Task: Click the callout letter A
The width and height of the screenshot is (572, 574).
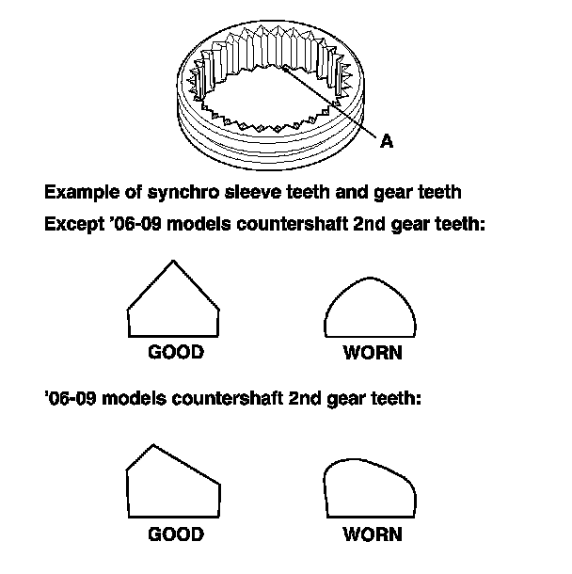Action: click(386, 142)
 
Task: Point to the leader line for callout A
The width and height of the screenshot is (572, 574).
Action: click(329, 104)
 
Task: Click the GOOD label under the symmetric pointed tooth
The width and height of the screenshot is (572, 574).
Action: click(176, 353)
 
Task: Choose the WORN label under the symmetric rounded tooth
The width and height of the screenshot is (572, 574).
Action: click(373, 354)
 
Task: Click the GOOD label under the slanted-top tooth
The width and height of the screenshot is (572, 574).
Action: click(176, 534)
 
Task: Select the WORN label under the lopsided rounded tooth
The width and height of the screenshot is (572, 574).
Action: click(373, 534)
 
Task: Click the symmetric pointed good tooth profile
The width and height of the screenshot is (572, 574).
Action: click(174, 306)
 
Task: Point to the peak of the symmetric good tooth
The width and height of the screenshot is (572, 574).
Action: click(174, 263)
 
